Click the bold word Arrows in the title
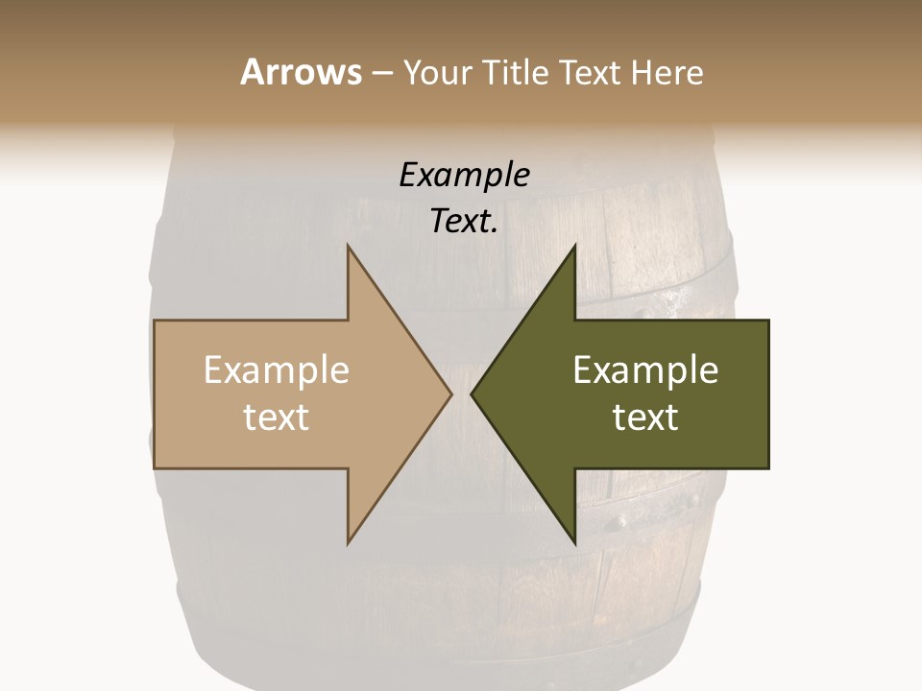coord(301,72)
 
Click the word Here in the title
coord(667,72)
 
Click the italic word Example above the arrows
coord(464,176)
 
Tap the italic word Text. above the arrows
coord(464,222)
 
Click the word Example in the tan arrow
coord(277,370)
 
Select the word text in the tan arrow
coord(277,417)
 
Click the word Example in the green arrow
coord(645,370)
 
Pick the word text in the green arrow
coord(645,417)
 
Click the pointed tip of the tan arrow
coord(451,393)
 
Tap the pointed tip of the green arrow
coord(471,393)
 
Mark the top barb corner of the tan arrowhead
coord(348,246)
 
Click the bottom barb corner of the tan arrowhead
coord(348,544)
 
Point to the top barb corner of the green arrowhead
coord(574,246)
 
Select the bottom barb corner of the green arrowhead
coord(574,544)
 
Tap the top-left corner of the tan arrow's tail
coord(155,321)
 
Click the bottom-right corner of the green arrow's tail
coord(768,468)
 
